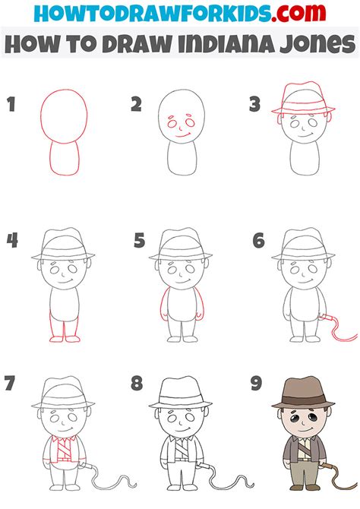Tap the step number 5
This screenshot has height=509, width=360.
tap(139, 242)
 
